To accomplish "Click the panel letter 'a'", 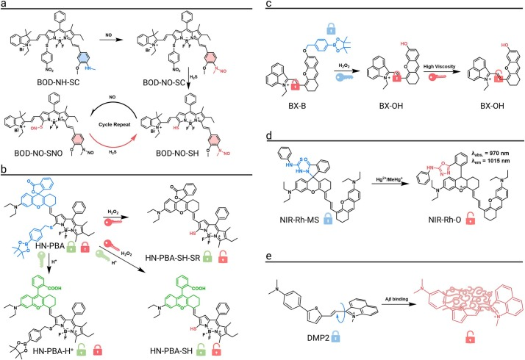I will [4, 6].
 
